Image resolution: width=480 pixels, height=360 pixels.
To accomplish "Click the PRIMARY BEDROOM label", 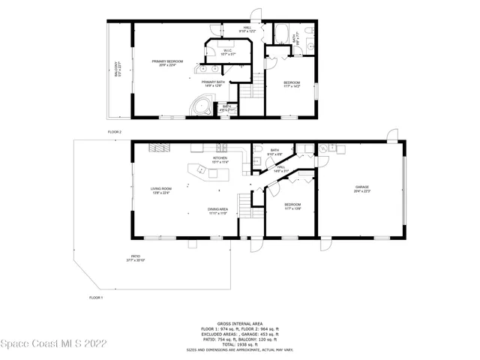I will pos(167,63).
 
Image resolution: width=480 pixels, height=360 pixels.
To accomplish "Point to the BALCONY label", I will pos(117,70).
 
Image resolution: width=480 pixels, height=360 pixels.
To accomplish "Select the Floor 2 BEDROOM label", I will pos(292,83).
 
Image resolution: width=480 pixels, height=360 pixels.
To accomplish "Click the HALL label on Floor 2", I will pos(247,30).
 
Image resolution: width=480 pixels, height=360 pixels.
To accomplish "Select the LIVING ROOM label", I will pos(161,190).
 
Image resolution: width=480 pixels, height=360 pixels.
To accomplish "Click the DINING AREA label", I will pos(218,211).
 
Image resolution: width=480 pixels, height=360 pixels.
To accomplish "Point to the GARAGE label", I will pos(362,189).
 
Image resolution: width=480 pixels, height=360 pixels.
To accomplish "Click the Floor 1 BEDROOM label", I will pos(292,205).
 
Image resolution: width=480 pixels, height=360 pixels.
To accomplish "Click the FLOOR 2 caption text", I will pos(114,132).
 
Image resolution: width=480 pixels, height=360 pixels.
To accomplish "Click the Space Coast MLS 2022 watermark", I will pos(53,343).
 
